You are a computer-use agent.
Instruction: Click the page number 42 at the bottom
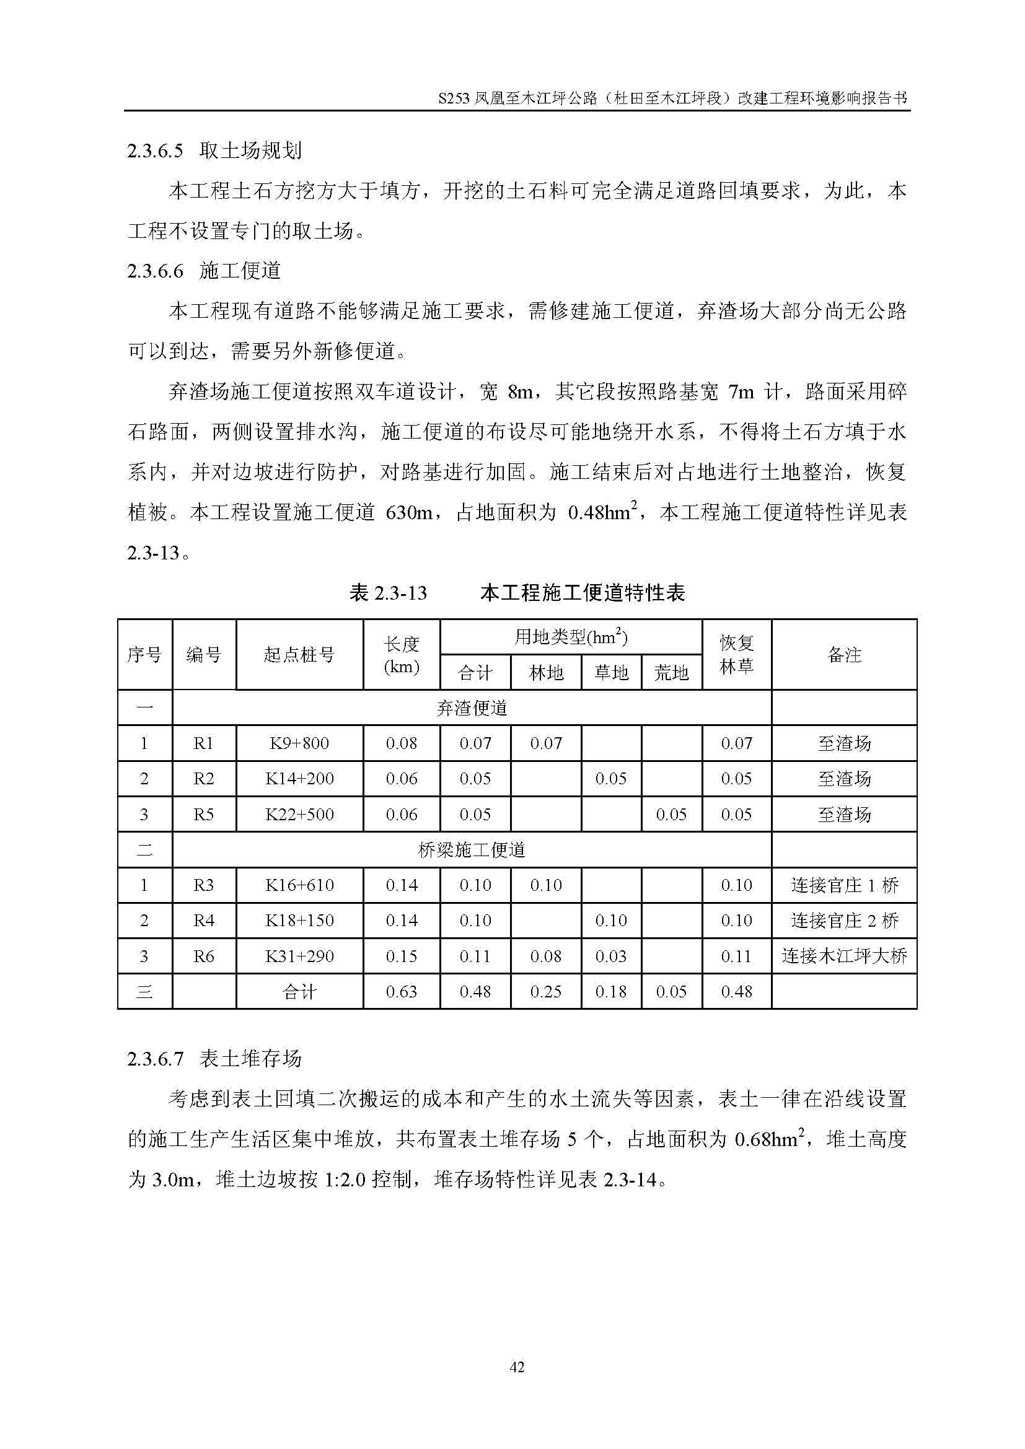(x=516, y=1367)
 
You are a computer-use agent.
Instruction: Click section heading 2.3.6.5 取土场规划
(x=214, y=150)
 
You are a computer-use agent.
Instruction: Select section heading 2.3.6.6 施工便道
(x=204, y=271)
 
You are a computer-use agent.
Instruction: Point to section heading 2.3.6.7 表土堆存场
(x=214, y=1058)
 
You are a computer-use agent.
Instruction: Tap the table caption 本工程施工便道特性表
(x=582, y=593)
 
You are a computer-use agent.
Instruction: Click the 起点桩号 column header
(x=299, y=654)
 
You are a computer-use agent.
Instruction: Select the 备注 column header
(x=844, y=654)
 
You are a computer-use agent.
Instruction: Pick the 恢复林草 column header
(x=737, y=654)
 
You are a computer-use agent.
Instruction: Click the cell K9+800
(x=299, y=743)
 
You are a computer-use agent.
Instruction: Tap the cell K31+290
(x=299, y=956)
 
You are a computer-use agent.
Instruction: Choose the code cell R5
(x=203, y=814)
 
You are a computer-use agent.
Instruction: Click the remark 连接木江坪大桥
(x=844, y=956)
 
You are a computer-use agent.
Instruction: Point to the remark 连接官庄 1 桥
(x=844, y=885)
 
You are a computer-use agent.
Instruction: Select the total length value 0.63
(x=402, y=991)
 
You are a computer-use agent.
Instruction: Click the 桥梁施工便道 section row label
(x=472, y=850)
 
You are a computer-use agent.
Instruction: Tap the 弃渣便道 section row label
(x=472, y=708)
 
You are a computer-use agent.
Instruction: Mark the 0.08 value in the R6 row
(x=545, y=956)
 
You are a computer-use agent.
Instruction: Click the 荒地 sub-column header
(x=671, y=673)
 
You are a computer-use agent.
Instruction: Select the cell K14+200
(x=299, y=779)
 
